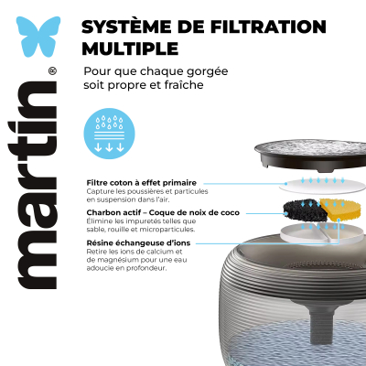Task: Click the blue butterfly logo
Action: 38,37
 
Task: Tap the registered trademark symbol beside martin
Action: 52,71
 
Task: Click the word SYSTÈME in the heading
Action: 123,27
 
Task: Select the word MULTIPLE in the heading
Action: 130,48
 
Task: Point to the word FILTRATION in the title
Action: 268,27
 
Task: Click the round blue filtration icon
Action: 109,134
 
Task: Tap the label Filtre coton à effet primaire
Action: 142,183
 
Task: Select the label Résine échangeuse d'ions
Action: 138,243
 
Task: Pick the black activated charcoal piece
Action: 301,210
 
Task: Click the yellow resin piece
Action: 339,210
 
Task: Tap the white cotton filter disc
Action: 322,186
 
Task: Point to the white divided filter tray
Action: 322,233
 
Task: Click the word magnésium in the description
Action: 120,260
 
